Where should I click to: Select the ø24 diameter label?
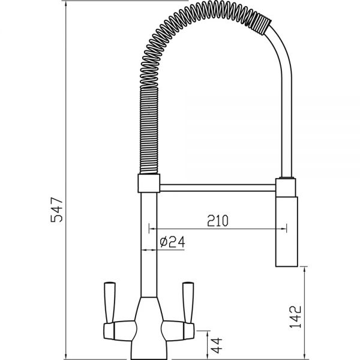tap(171, 242)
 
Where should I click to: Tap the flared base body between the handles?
tap(149, 324)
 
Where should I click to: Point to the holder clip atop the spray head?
tap(286, 185)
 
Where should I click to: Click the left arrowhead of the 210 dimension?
tap(151, 228)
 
